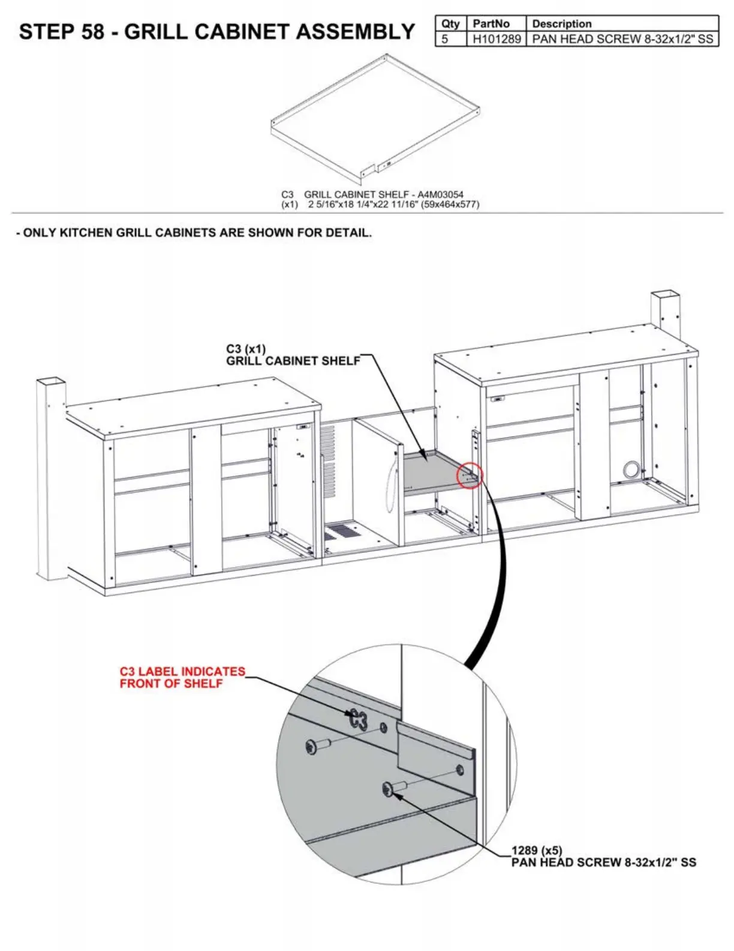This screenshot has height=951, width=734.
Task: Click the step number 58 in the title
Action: click(92, 32)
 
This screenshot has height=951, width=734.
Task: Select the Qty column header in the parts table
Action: click(450, 24)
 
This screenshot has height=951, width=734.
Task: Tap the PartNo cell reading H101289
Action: click(497, 39)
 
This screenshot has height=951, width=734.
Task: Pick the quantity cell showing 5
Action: click(445, 39)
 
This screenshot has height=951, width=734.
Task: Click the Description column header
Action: click(561, 24)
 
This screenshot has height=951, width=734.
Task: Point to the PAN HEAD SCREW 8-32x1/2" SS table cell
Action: click(622, 39)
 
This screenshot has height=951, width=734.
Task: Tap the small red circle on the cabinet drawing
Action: click(470, 475)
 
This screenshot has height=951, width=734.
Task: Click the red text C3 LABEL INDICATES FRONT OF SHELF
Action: click(182, 677)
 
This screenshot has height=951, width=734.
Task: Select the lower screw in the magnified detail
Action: click(393, 787)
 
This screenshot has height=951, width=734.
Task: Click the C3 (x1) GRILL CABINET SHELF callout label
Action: click(293, 355)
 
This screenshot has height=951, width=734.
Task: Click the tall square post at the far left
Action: click(50, 480)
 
